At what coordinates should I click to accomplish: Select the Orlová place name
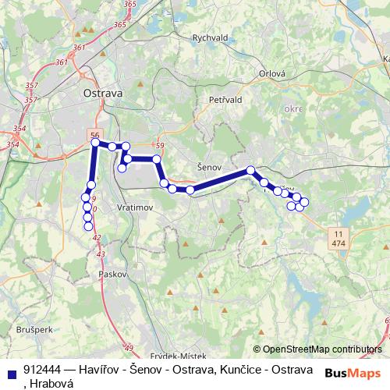(272, 74)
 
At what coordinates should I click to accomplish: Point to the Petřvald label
(227, 100)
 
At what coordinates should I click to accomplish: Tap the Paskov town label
(107, 275)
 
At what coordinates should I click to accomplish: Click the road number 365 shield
(119, 25)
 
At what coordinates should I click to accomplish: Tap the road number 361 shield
(80, 48)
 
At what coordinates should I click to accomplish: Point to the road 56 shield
(95, 133)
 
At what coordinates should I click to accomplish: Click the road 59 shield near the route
(160, 145)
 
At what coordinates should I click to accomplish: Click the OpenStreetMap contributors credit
(322, 349)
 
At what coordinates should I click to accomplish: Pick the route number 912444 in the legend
(43, 369)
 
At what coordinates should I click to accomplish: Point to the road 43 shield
(101, 254)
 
